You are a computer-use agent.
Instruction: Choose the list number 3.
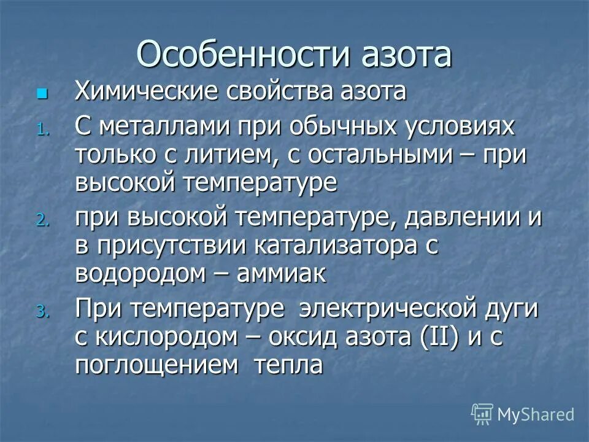pos(41,312)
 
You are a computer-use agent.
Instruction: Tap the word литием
pos(236,155)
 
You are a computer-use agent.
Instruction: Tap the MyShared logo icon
pos(482,414)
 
